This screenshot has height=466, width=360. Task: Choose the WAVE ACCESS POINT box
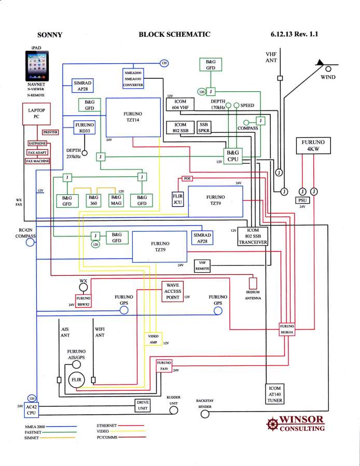(x=172, y=292)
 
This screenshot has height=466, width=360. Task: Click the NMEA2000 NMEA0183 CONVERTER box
(x=133, y=78)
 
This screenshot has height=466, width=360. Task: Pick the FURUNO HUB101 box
(x=287, y=330)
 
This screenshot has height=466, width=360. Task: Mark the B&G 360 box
(x=93, y=201)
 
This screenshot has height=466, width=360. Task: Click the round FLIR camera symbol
(x=77, y=381)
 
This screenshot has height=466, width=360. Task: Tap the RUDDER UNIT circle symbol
(x=174, y=411)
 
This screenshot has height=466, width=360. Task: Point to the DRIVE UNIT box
(x=142, y=405)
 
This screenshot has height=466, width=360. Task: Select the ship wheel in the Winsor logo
(x=271, y=424)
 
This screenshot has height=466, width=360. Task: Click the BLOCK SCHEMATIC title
(x=174, y=35)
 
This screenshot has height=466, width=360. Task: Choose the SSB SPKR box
(x=204, y=128)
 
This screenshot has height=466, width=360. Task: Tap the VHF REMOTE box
(x=203, y=266)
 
